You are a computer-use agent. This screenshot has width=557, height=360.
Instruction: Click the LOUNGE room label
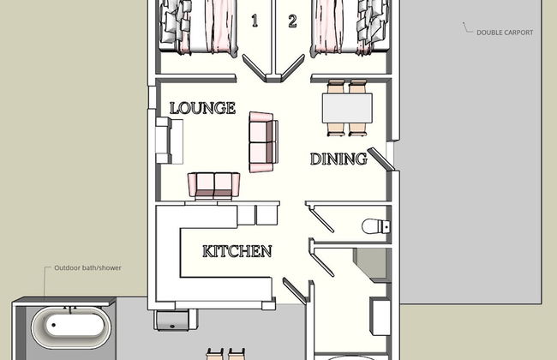click(202, 108)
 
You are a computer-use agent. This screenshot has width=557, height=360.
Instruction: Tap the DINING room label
click(338, 159)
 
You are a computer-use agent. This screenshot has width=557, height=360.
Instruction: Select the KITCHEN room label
click(237, 251)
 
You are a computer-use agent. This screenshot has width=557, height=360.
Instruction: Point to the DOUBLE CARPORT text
click(505, 33)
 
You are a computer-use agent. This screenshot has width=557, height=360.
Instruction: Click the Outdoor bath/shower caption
click(87, 268)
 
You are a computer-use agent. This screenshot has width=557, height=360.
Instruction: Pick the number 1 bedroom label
click(255, 21)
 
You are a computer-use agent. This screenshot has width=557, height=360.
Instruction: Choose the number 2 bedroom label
click(292, 21)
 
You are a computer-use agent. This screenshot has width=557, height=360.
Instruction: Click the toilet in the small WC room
click(376, 226)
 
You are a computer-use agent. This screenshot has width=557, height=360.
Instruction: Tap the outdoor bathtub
click(71, 327)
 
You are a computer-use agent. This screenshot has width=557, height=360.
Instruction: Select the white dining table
click(347, 108)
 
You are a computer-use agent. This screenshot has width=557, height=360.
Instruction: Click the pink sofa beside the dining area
click(263, 142)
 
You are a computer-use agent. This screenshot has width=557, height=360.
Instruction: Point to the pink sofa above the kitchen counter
click(214, 185)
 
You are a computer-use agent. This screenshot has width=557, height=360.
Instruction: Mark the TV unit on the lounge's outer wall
click(169, 141)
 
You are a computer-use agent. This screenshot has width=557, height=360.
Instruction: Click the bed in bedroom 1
click(197, 27)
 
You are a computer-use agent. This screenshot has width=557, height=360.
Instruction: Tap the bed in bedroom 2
click(350, 27)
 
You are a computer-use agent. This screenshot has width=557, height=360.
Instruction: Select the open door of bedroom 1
click(255, 68)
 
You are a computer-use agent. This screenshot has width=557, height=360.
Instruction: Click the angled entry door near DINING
click(381, 159)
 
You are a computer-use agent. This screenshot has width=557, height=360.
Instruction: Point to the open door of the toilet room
click(320, 218)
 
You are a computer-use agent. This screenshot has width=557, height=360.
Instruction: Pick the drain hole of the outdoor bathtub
click(54, 325)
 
